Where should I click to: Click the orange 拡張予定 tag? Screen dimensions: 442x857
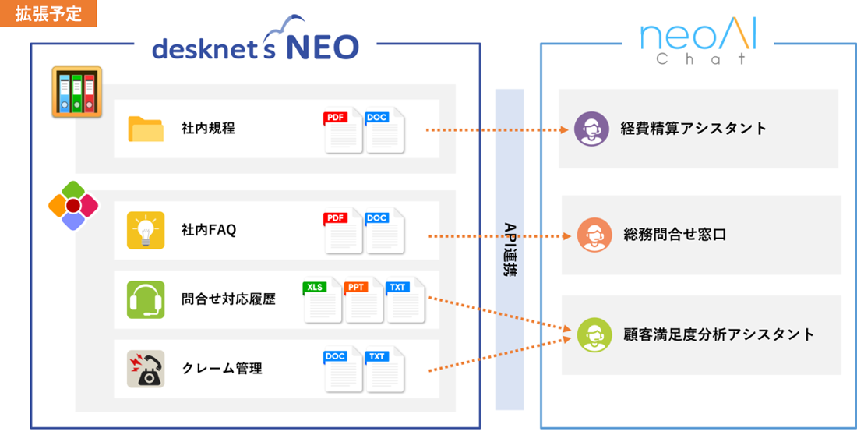pyautogui.click(x=48, y=14)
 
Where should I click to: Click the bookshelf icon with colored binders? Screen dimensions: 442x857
pyautogui.click(x=77, y=92)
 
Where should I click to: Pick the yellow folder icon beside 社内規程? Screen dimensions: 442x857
pyautogui.click(x=146, y=129)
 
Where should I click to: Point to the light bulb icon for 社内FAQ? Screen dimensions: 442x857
pyautogui.click(x=146, y=230)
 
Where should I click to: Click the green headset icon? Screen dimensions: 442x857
pyautogui.click(x=146, y=299)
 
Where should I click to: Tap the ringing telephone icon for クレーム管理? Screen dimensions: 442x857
pyautogui.click(x=146, y=369)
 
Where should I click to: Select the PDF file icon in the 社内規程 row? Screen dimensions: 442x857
pyautogui.click(x=343, y=130)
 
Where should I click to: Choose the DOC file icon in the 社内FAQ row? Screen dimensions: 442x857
pyautogui.click(x=384, y=231)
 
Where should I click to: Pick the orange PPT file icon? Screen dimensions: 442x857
pyautogui.click(x=364, y=300)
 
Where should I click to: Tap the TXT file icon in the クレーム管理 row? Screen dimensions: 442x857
pyautogui.click(x=384, y=369)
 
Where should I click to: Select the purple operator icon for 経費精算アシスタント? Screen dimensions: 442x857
pyautogui.click(x=591, y=129)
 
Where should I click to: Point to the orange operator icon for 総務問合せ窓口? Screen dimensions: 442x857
pyautogui.click(x=594, y=235)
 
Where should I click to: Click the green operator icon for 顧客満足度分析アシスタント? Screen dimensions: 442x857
pyautogui.click(x=594, y=335)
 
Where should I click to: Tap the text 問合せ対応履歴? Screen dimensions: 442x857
pyautogui.click(x=228, y=299)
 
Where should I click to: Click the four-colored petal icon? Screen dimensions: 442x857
pyautogui.click(x=72, y=205)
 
